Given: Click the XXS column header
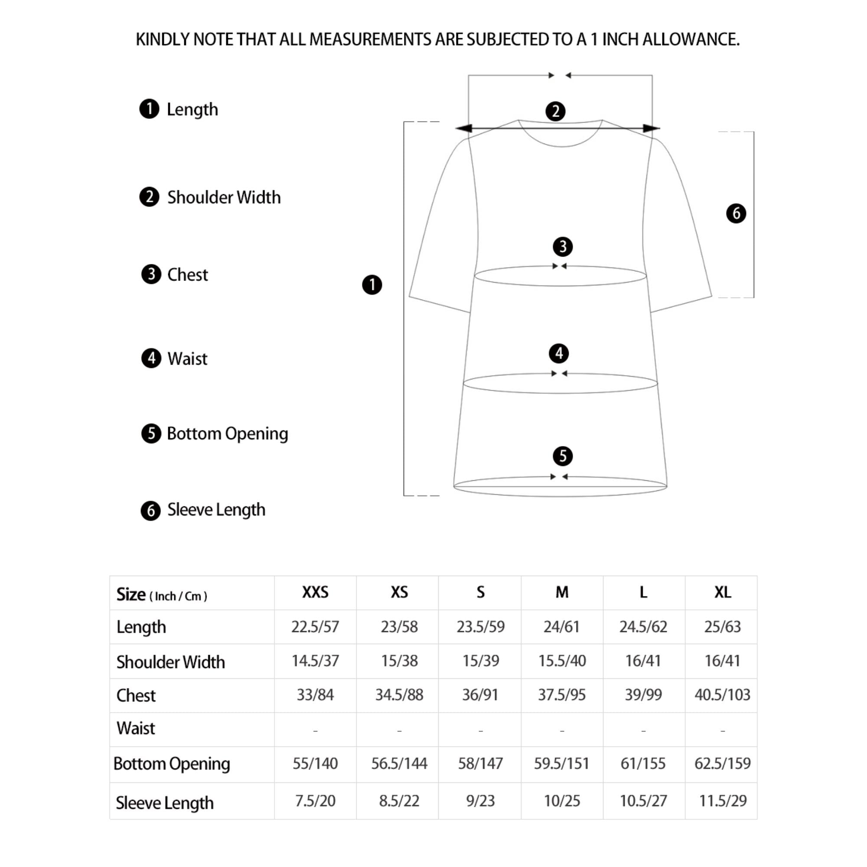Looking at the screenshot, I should pyautogui.click(x=315, y=592).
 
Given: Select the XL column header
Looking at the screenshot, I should pyautogui.click(x=723, y=592).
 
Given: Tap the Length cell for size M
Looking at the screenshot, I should pyautogui.click(x=561, y=626).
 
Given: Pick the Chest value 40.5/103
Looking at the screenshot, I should pyautogui.click(x=722, y=694).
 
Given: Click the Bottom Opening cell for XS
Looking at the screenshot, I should pyautogui.click(x=399, y=763).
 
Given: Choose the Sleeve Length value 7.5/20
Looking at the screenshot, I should pyautogui.click(x=315, y=801).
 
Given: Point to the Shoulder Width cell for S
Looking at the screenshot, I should pyautogui.click(x=481, y=661).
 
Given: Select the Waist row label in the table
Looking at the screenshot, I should pyautogui.click(x=136, y=728).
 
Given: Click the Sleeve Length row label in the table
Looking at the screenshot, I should pyautogui.click(x=164, y=803).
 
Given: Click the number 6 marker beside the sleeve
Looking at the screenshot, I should pyautogui.click(x=736, y=213).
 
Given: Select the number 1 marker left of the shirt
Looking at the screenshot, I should pyautogui.click(x=372, y=285).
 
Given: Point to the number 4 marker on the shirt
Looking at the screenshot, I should pyautogui.click(x=559, y=354).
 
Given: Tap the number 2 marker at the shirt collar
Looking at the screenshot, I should pyautogui.click(x=556, y=111).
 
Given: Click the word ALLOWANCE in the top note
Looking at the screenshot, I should pyautogui.click(x=691, y=39).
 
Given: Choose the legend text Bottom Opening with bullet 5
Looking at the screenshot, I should pyautogui.click(x=227, y=433).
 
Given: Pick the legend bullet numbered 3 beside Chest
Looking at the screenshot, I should pyautogui.click(x=151, y=274).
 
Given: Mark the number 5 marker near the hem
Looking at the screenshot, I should pyautogui.click(x=563, y=456).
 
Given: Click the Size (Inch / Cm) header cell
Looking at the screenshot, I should pyautogui.click(x=162, y=595).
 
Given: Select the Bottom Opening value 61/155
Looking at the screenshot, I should pyautogui.click(x=643, y=763).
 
